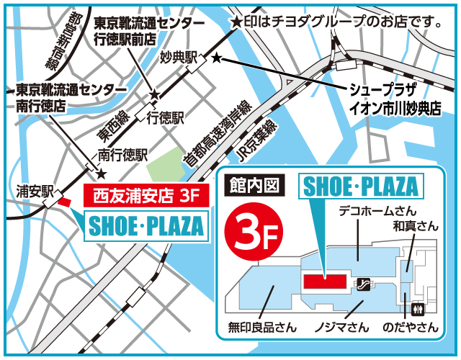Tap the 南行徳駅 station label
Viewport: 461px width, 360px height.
pyautogui.click(x=122, y=154)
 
